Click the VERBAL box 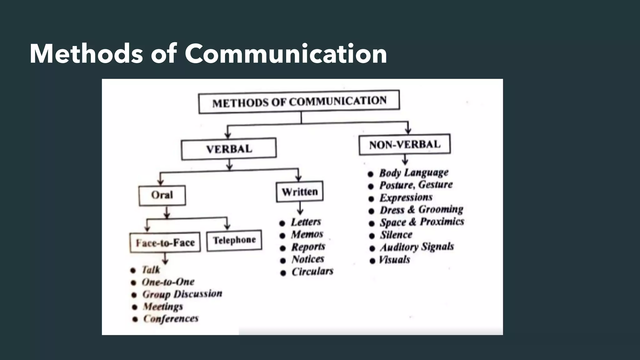[x=229, y=149]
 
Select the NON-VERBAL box [x=405, y=144]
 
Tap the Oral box [x=162, y=195]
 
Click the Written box [x=300, y=192]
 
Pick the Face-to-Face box [x=165, y=242]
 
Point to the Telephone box [x=234, y=240]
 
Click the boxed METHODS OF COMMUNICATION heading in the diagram [x=299, y=102]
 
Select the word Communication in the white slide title [x=286, y=54]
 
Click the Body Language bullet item [x=413, y=173]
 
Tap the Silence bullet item [x=396, y=235]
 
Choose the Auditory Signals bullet [x=417, y=247]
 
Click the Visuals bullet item [x=394, y=260]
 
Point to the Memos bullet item [x=307, y=234]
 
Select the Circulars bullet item [x=312, y=272]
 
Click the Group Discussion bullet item [x=182, y=294]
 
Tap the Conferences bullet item [x=171, y=319]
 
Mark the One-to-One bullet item [x=168, y=282]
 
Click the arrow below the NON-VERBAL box [x=405, y=160]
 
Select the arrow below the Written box [x=300, y=208]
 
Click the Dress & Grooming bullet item [x=421, y=209]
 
